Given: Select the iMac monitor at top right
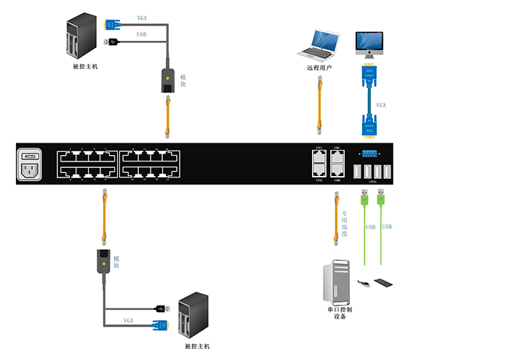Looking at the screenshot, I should pos(369,44).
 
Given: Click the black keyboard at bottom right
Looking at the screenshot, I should pos(385,281).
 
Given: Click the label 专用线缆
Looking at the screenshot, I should pos(345,222).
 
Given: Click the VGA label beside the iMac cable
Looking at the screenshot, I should pos(382,105).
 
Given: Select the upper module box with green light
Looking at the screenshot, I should pos(168,81).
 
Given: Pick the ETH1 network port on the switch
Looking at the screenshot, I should pos(318,155).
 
